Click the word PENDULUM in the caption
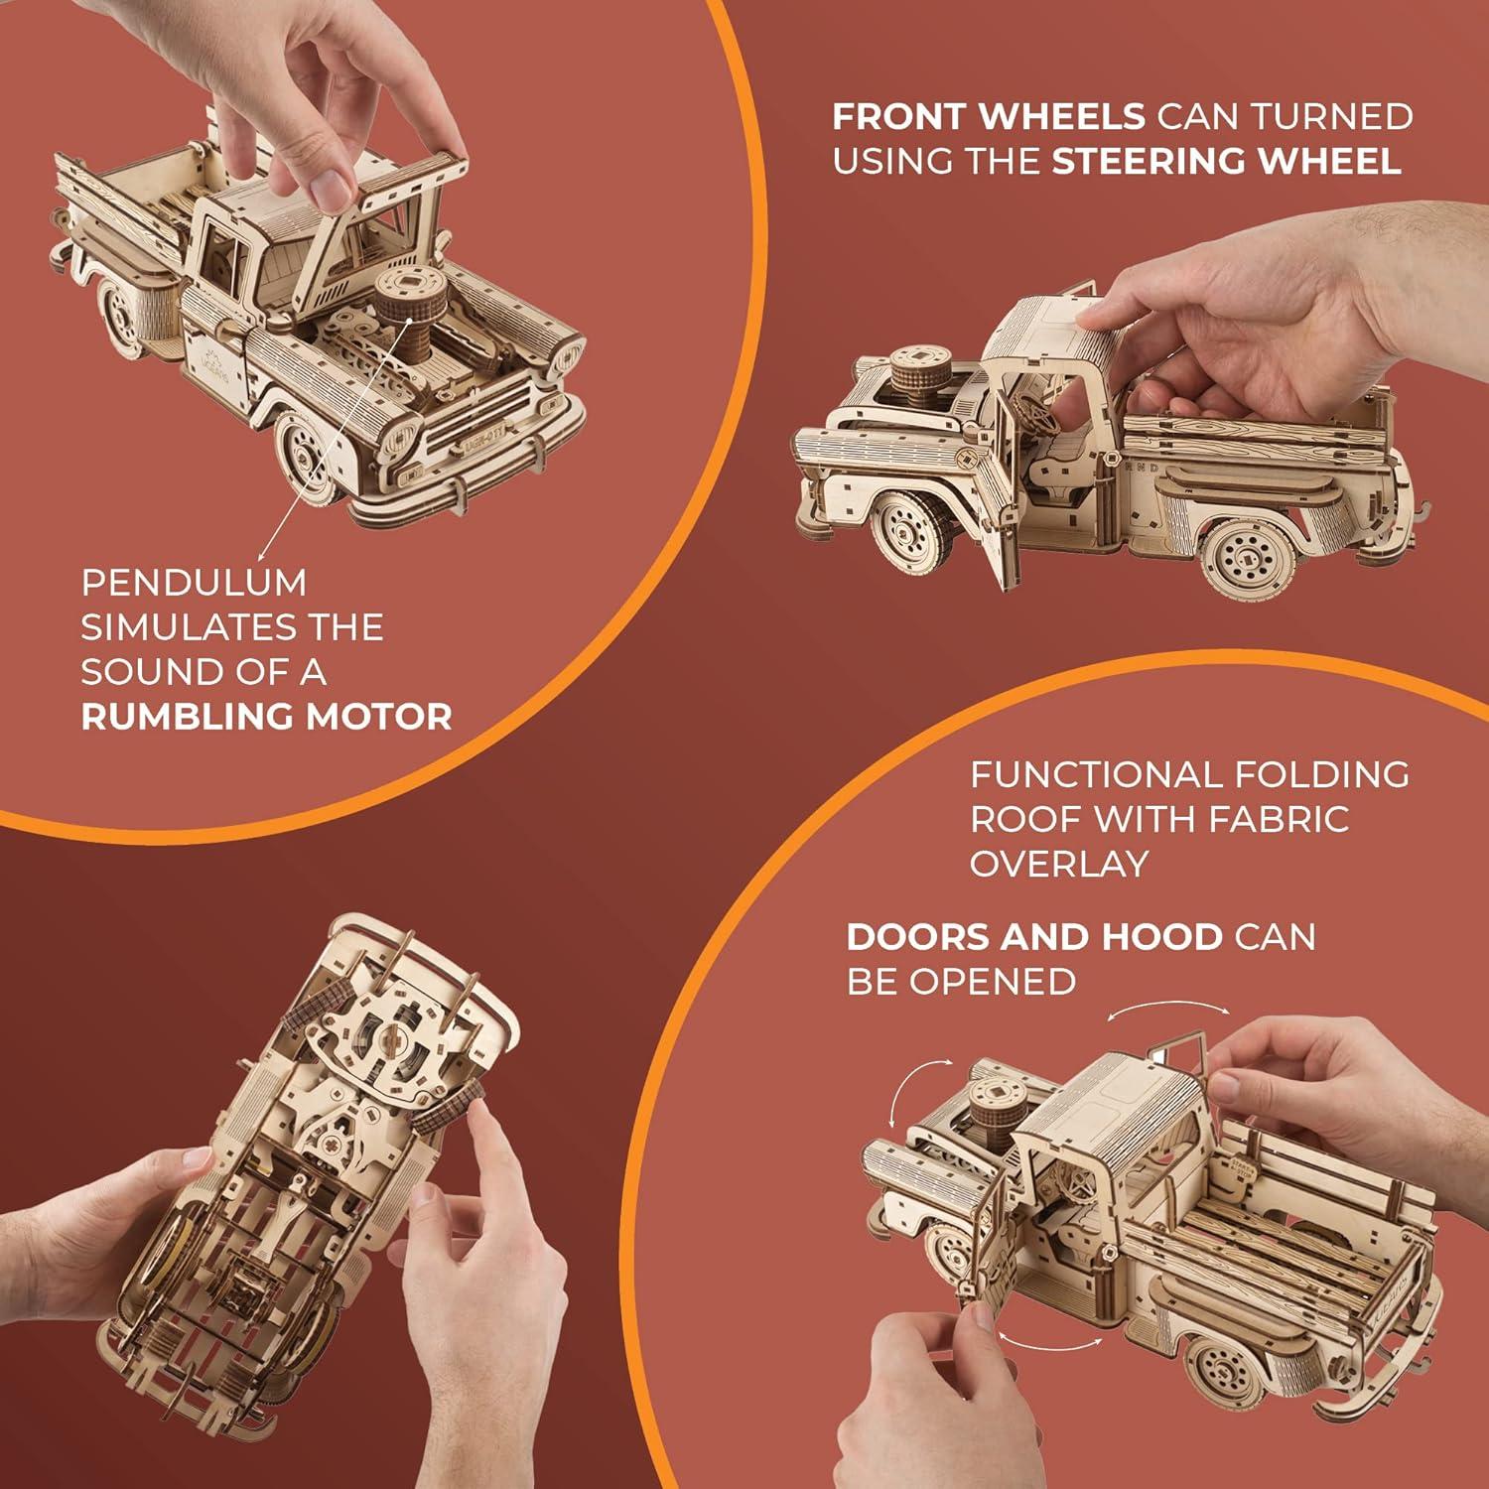(194, 583)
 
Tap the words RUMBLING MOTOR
(266, 717)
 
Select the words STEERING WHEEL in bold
(1226, 161)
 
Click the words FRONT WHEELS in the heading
(988, 117)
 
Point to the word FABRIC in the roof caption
(1279, 820)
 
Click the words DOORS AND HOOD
(1034, 937)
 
